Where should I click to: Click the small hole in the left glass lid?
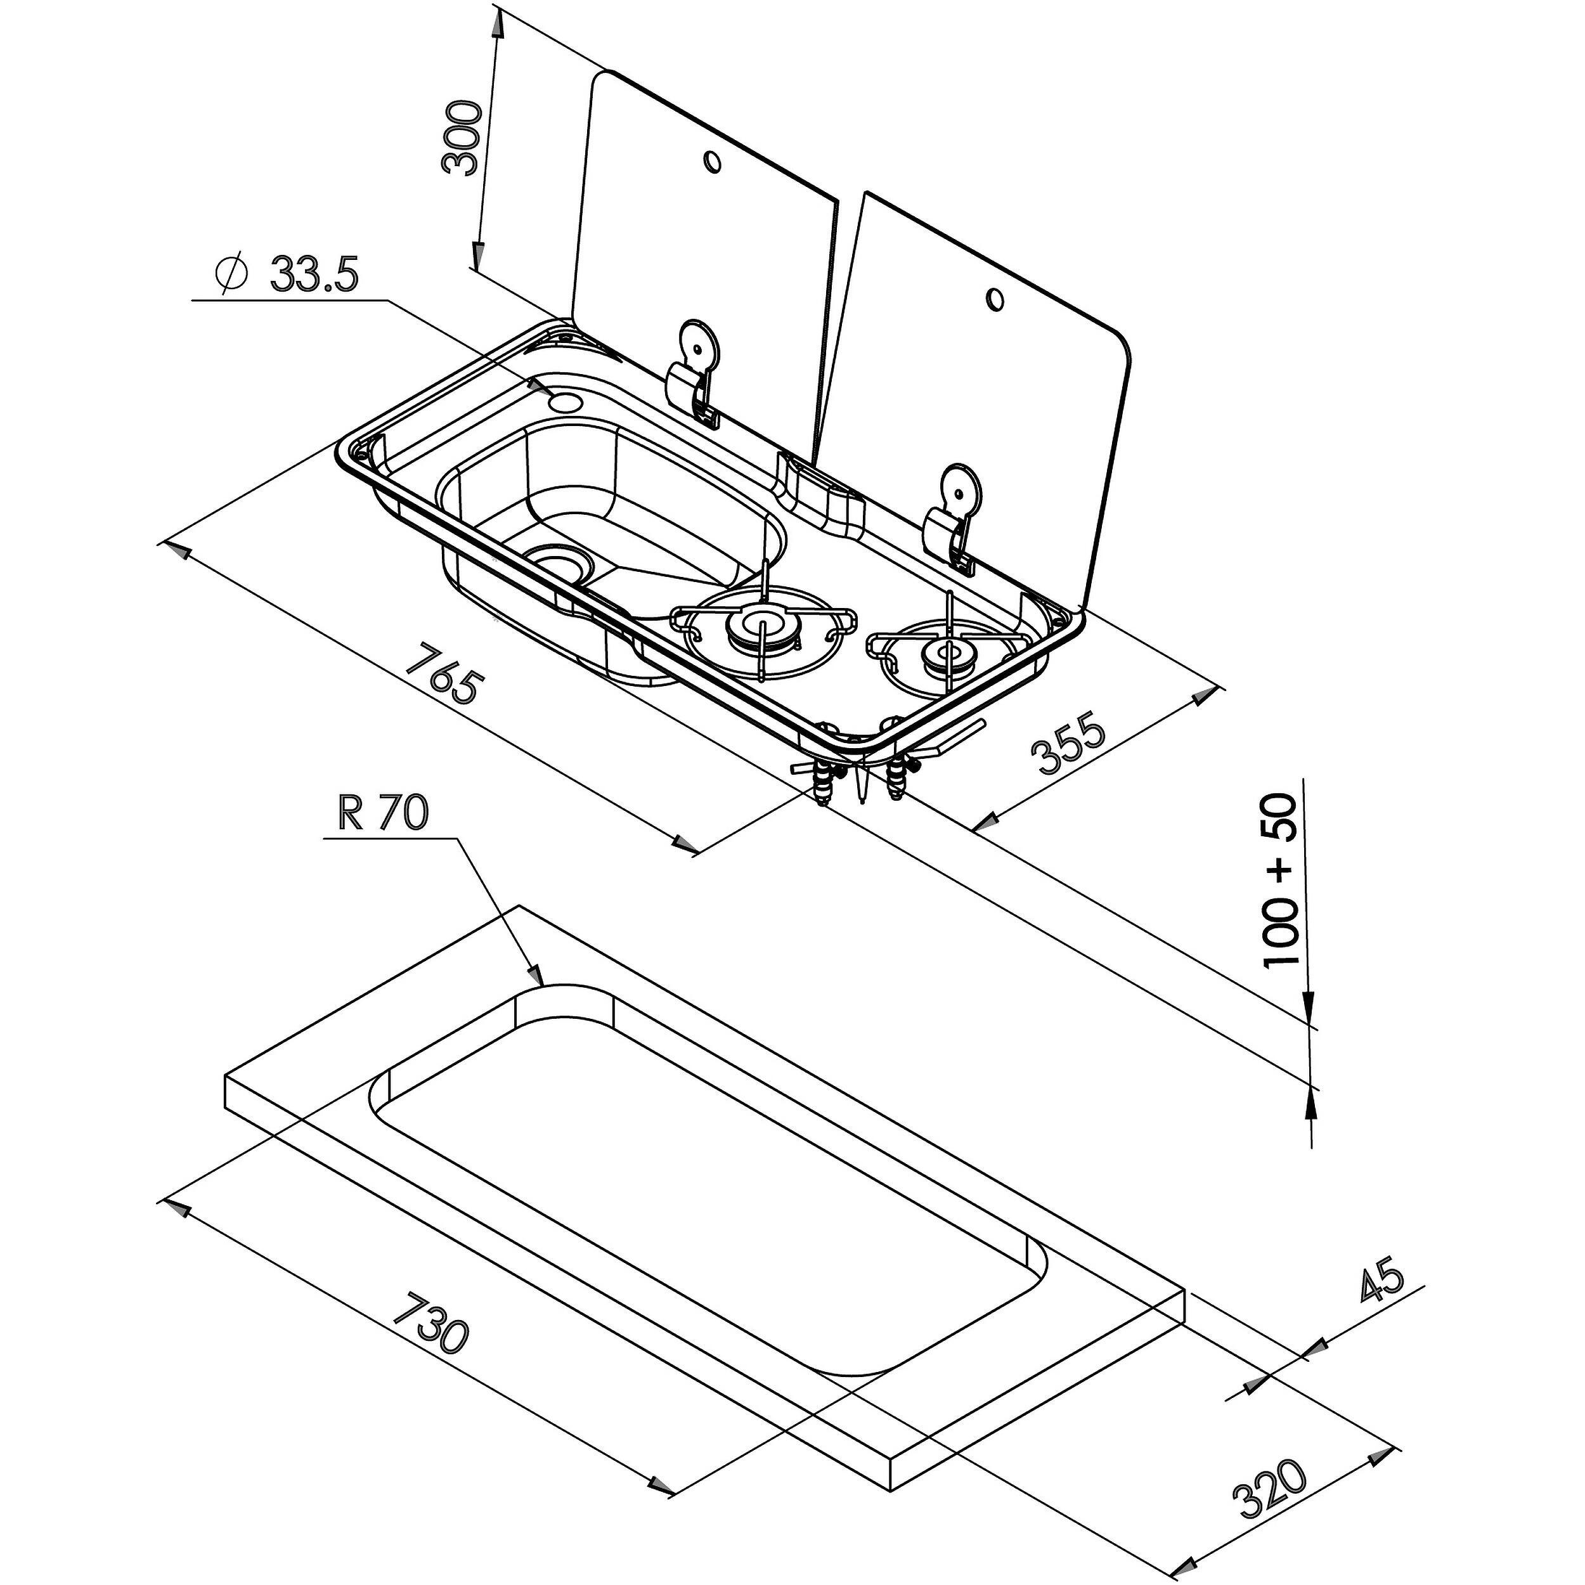(712, 162)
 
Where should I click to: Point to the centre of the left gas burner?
(761, 628)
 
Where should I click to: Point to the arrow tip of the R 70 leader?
(541, 982)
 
